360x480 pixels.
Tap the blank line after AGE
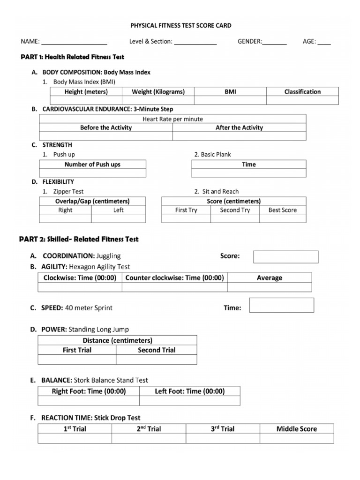(324, 42)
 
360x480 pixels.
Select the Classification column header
(302, 92)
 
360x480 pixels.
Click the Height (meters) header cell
(86, 92)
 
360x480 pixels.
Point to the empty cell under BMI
(230, 100)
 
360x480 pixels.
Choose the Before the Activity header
(106, 127)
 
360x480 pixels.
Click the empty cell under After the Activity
(239, 136)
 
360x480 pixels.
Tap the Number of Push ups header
(92, 165)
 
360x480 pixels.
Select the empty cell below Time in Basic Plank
(249, 173)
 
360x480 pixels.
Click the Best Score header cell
(282, 210)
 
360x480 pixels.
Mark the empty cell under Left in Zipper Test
(118, 218)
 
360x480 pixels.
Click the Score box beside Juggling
(285, 257)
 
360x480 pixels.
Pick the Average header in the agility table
(270, 278)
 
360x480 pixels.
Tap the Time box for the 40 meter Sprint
(281, 305)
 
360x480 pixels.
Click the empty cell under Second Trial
(157, 360)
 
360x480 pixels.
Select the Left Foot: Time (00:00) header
(190, 391)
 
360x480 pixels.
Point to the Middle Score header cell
(296, 429)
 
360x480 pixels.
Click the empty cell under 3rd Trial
(223, 438)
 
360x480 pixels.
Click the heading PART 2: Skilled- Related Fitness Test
(79, 239)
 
